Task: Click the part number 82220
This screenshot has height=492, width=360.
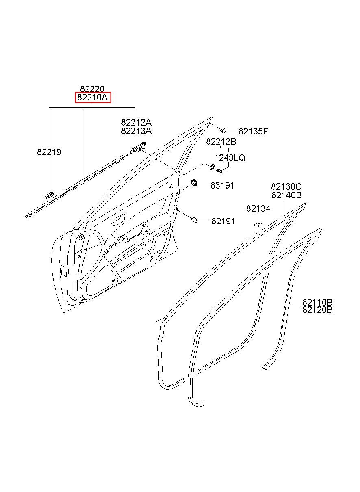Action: click(92, 89)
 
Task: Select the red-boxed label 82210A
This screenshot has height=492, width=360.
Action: click(92, 98)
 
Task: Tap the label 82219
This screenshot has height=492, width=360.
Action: click(49, 152)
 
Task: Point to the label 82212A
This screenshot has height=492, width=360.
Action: click(136, 122)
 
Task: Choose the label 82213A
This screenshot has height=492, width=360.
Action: click(136, 131)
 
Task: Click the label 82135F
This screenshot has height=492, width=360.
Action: click(253, 131)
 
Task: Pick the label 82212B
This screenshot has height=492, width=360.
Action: click(221, 142)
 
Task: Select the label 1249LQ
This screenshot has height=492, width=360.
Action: click(230, 158)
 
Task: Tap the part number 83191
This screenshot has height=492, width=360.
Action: click(222, 185)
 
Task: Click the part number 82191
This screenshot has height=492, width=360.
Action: click(223, 221)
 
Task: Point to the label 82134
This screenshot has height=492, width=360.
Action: click(258, 208)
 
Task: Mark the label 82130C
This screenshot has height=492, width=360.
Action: click(286, 186)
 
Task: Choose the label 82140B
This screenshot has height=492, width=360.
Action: click(286, 195)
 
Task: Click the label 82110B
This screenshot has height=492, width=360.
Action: click(317, 302)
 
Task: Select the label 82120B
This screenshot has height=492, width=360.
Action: click(317, 310)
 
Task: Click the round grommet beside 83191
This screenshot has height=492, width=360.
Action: click(195, 182)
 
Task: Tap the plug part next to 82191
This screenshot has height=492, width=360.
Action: click(195, 220)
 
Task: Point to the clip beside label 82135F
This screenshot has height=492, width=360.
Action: click(224, 130)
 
